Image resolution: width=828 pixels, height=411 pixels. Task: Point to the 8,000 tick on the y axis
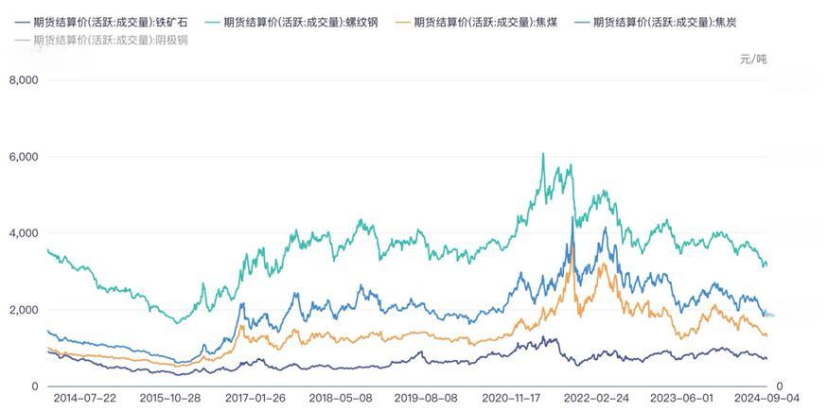tap(23, 80)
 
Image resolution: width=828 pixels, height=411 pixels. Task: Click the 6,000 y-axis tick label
tap(23, 157)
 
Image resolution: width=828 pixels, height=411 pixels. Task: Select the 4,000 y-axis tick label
tap(23, 233)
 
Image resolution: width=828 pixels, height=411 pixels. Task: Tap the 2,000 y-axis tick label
tap(23, 310)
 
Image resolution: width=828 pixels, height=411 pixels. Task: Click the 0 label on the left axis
tap(34, 386)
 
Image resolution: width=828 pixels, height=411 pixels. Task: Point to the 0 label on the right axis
tap(779, 386)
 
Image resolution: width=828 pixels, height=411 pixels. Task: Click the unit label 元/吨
tap(753, 60)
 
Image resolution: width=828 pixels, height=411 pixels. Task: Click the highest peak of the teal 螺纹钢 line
tap(542, 154)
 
